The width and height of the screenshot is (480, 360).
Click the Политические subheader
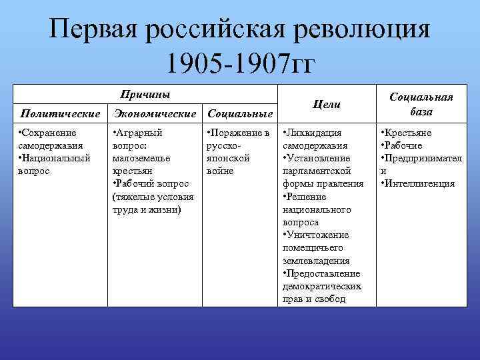click(61, 114)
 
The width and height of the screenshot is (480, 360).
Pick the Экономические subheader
click(155, 114)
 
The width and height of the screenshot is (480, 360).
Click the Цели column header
click(326, 104)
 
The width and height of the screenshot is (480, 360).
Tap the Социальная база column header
click(421, 104)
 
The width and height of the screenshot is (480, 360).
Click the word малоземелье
click(141, 158)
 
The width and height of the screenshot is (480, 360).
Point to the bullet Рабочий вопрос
click(152, 183)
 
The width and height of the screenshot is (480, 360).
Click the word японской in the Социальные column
click(228, 158)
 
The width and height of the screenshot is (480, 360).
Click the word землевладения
click(316, 261)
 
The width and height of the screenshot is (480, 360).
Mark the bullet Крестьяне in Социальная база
click(407, 133)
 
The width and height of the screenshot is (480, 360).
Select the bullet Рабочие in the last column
click(403, 145)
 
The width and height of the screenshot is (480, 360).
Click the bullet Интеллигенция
click(419, 183)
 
